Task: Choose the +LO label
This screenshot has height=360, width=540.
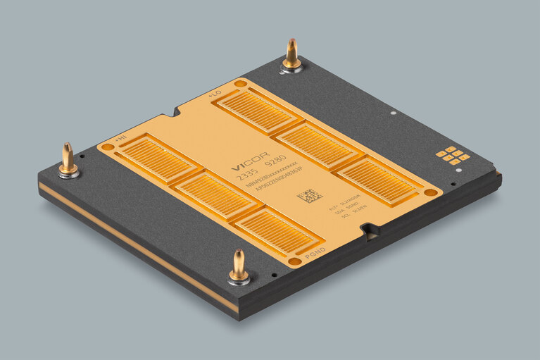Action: pos(214,92)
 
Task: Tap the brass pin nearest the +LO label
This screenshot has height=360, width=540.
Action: pos(291,56)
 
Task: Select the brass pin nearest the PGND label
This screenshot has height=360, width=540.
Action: pos(239,266)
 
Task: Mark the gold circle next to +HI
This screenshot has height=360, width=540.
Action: pos(107,147)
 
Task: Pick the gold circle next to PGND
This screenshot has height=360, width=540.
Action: pos(296,261)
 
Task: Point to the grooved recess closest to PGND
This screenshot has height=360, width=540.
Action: pos(274,231)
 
